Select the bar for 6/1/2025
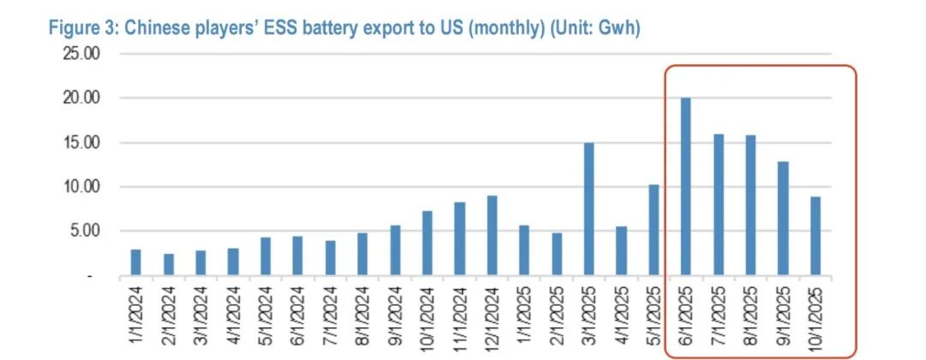685,187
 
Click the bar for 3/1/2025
589,209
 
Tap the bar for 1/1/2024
136,262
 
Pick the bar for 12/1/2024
492,236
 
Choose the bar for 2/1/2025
556,255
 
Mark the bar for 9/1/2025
782,219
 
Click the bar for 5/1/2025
653,230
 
